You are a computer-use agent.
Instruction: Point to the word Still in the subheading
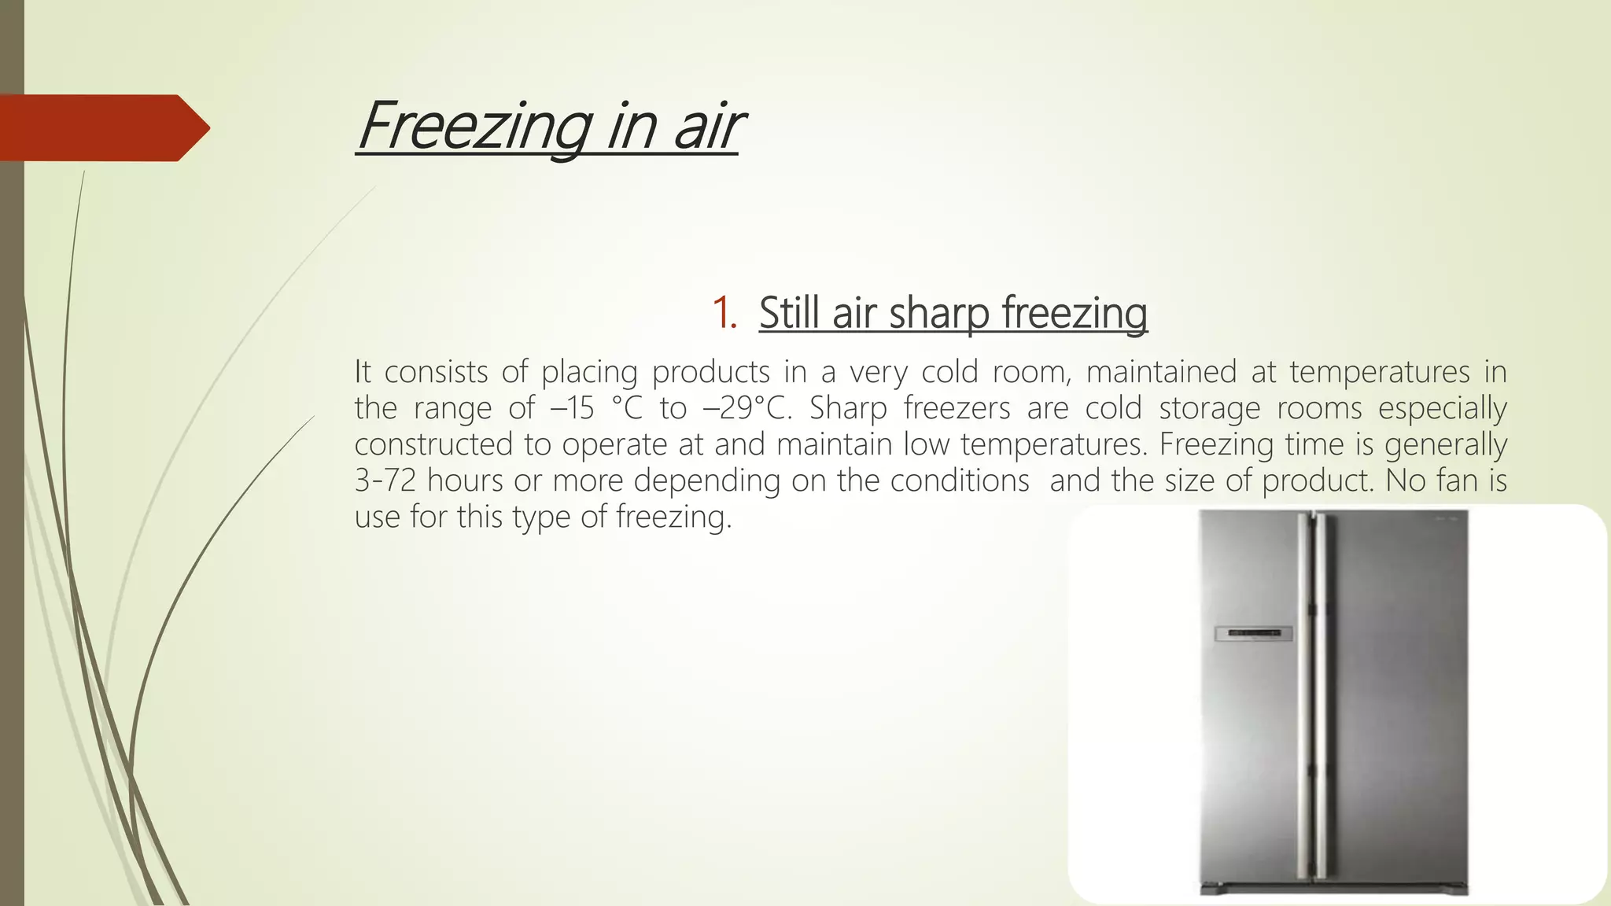click(x=791, y=312)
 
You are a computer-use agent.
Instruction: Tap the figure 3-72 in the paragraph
click(x=385, y=481)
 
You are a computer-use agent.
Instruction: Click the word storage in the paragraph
click(x=1210, y=408)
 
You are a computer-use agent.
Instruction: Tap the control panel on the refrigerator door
click(x=1253, y=633)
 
